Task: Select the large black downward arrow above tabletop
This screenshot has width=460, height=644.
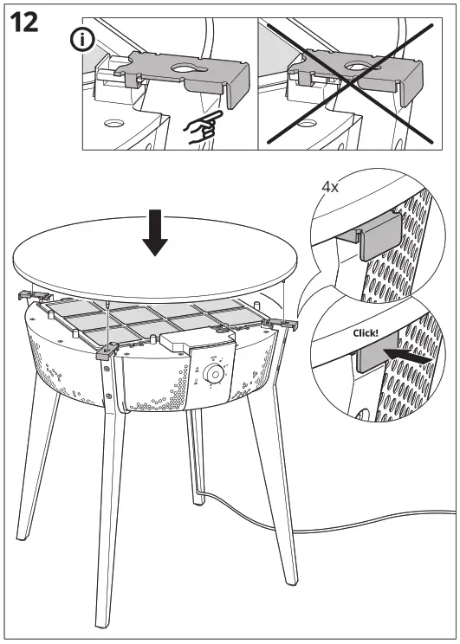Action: click(156, 232)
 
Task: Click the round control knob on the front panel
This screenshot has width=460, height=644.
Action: click(212, 374)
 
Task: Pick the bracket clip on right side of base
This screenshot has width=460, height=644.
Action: click(282, 323)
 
